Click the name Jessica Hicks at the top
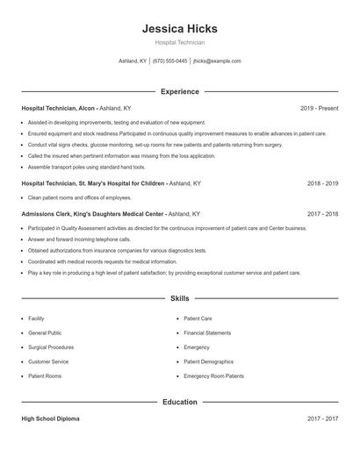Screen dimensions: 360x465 [x=179, y=29]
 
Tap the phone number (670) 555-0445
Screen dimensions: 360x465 [x=169, y=61]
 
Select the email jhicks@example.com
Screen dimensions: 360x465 [x=217, y=61]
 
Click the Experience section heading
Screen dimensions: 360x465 [x=179, y=91]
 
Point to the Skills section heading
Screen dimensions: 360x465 [x=179, y=299]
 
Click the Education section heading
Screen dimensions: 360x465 [x=179, y=402]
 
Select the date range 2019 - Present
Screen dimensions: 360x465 [x=319, y=108]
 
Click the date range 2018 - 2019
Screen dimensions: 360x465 [x=322, y=183]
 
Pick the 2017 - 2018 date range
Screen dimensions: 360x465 [x=322, y=213]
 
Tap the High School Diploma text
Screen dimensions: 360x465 [x=50, y=419]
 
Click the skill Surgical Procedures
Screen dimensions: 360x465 [x=50, y=347]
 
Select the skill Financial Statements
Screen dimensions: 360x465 [x=207, y=333]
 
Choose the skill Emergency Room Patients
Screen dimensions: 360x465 [x=213, y=376]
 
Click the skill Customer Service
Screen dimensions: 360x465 [x=48, y=361]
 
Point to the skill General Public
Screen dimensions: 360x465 [x=45, y=333]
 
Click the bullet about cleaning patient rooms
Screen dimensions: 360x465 [x=73, y=197]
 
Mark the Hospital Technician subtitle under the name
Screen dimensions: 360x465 [x=179, y=42]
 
